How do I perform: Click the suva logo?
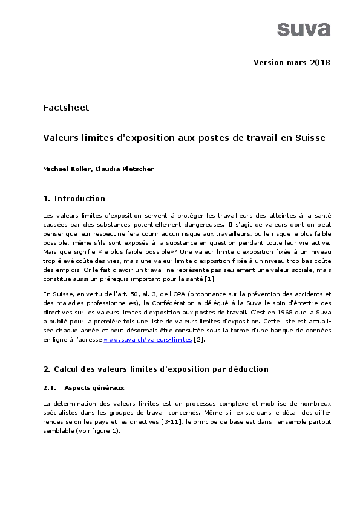coord(304,29)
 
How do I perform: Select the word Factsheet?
coord(66,108)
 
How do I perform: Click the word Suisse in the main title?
coord(310,138)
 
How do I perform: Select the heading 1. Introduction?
coord(74,199)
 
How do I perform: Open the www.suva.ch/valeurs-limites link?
coord(148,340)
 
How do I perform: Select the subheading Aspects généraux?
coord(94,387)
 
